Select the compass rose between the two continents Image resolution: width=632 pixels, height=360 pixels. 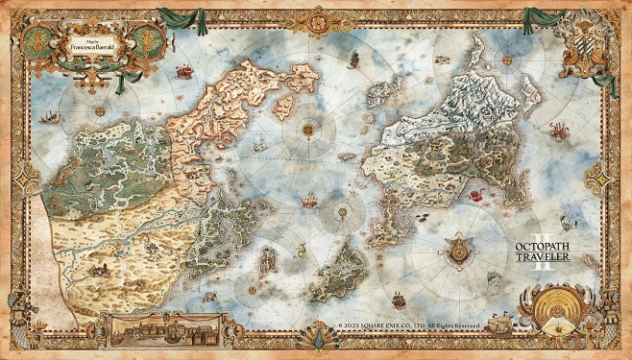(x=310, y=127)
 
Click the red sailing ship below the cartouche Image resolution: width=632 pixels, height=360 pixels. (x=182, y=70)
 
